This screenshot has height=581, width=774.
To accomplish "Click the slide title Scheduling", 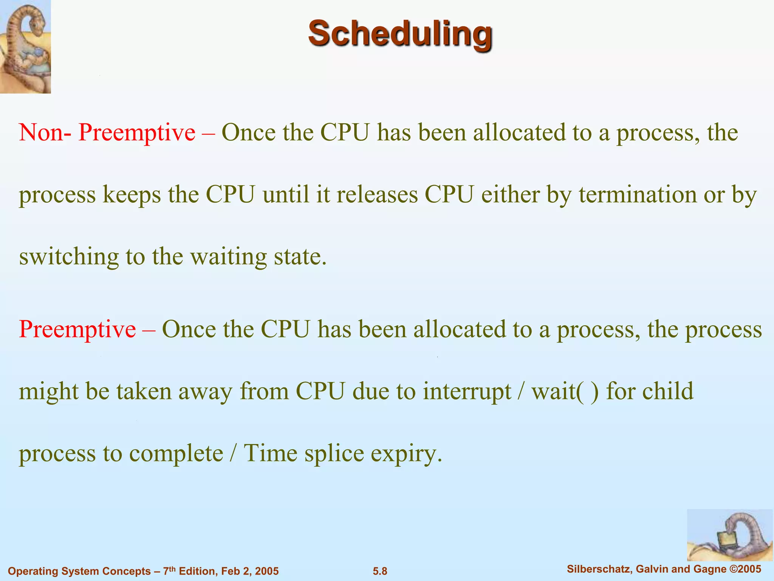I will pos(400,34).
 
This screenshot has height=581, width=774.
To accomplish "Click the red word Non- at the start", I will pos(45,133).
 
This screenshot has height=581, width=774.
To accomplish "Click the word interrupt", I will pos(467,391).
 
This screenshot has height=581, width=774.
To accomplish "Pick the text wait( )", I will pos(565,391).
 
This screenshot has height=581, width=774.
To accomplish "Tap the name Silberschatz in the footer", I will pos(599,569).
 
